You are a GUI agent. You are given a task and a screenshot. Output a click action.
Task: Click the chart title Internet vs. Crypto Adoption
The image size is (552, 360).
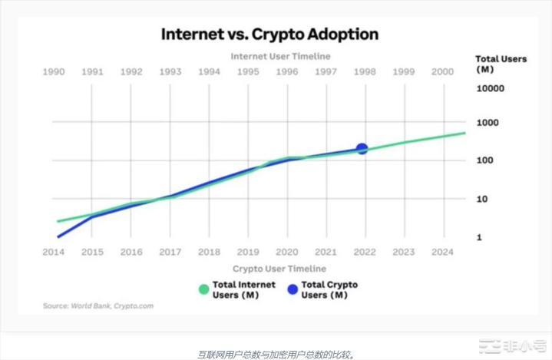coord(269,35)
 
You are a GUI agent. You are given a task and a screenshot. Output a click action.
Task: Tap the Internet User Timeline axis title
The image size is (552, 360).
coord(280,56)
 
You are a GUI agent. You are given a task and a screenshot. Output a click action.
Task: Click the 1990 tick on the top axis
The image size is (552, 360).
coord(53,71)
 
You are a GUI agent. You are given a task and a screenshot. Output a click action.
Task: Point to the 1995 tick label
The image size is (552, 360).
coord(248,71)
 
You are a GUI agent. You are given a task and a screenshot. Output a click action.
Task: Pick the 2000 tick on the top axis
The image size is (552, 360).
coord(443,71)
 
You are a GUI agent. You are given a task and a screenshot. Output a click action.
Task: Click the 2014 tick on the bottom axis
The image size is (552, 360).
coord(53,252)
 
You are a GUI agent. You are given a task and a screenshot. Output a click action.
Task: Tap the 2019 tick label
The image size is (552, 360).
coord(248,252)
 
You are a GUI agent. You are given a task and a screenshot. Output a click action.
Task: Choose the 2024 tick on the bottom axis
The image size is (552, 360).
coord(443,252)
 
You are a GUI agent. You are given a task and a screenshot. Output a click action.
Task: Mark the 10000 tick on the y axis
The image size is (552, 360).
coord(490,89)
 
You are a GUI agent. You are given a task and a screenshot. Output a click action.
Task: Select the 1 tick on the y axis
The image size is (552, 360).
coord(479,237)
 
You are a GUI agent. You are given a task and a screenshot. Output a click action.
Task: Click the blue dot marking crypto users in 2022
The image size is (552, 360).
coord(362,149)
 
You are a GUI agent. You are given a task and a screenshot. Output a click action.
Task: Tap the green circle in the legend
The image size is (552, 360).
coord(203,289)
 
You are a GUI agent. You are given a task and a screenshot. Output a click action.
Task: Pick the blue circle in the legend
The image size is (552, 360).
coord(292,289)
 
